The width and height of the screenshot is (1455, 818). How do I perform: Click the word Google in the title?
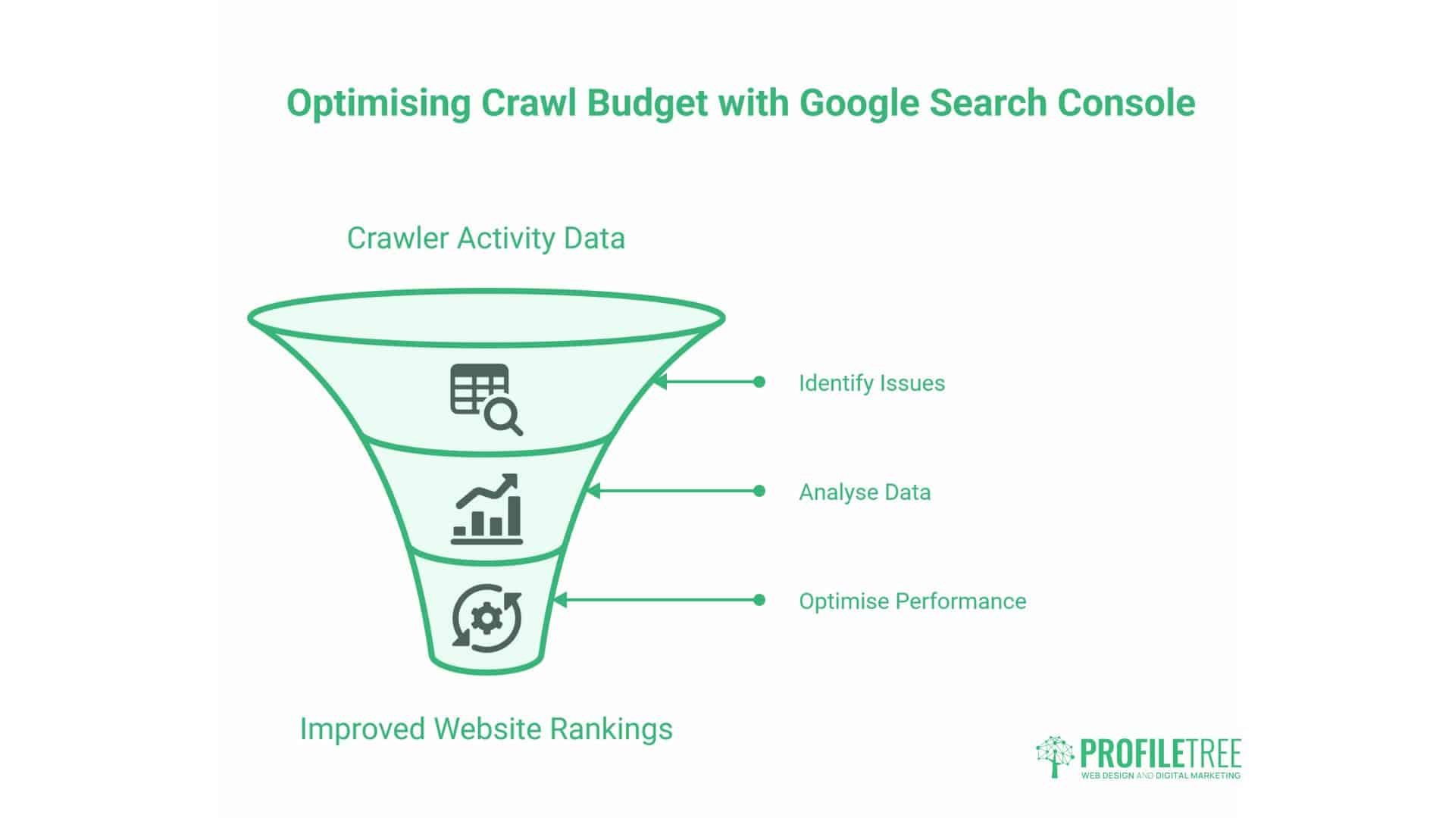point(859,104)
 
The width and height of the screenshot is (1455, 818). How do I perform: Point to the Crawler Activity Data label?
point(486,239)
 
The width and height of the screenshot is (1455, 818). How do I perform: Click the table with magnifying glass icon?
point(486,399)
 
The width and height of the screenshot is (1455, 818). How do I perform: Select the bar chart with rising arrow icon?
point(488,509)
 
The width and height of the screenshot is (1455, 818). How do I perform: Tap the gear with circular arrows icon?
point(487,618)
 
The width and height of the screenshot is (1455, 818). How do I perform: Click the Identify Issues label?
point(871,383)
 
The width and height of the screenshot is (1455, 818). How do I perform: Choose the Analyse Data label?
point(865,492)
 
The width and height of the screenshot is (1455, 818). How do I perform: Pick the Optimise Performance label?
point(912,601)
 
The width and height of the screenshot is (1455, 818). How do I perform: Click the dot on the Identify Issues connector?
point(759,382)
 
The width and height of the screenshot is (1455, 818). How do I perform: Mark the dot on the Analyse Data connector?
point(759,491)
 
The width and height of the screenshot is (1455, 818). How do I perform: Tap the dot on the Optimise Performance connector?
point(759,600)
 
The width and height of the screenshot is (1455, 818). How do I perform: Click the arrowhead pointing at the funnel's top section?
point(660,382)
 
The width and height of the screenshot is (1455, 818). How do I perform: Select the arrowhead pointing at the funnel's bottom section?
point(560,600)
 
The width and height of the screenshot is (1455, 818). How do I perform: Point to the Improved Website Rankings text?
point(486,729)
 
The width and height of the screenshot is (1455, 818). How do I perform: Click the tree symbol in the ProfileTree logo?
point(1055,756)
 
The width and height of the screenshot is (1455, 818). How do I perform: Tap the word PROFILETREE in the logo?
point(1160,754)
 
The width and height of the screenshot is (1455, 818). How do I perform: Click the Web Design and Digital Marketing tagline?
point(1160,776)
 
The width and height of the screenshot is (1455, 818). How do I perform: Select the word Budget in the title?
point(647,104)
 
